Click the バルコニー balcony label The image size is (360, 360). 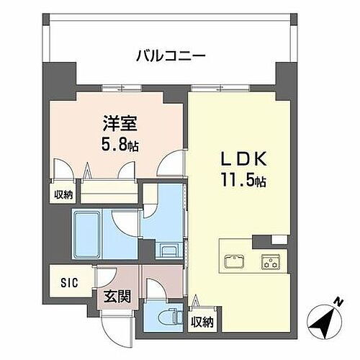pyautogui.click(x=170, y=55)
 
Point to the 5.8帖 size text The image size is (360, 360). pyautogui.click(x=120, y=144)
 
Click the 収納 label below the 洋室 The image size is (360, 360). pyautogui.click(x=63, y=194)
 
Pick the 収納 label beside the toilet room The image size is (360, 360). pyautogui.click(x=203, y=321)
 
